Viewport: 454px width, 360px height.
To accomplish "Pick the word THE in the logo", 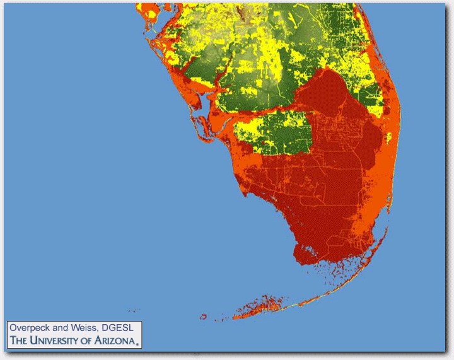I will pos(18,341).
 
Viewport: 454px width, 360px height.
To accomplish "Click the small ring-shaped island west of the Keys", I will pos(204,316).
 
